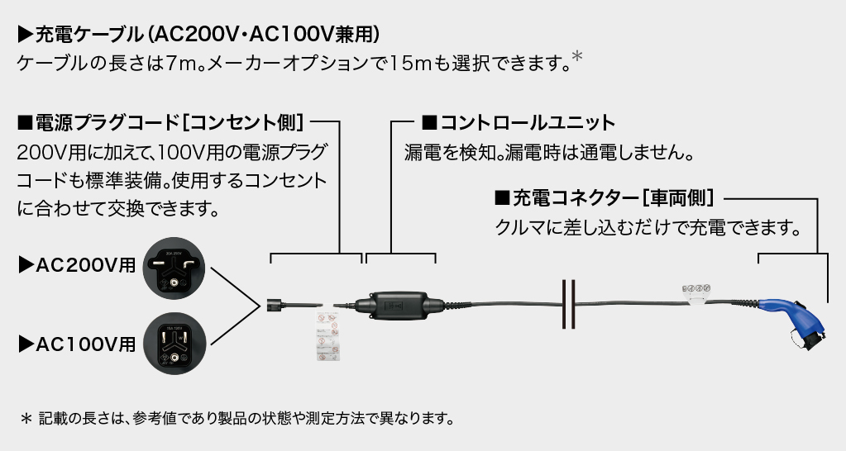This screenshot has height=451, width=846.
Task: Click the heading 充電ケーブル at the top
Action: click(198, 34)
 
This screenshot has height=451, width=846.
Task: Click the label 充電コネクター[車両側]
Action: click(605, 198)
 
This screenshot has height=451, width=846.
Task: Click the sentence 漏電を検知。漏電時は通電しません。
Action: click(548, 153)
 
